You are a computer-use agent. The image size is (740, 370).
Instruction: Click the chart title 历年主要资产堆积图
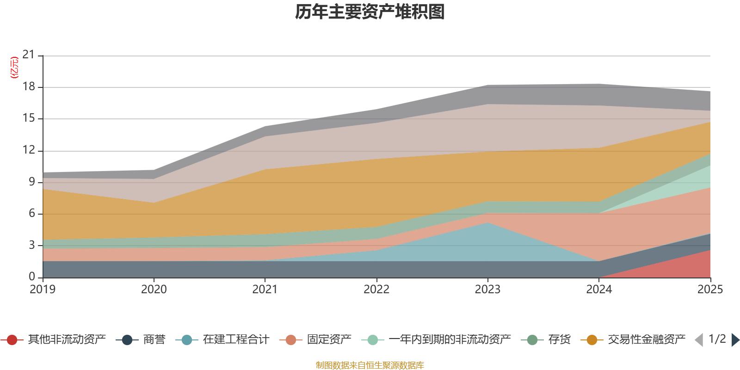point(370,12)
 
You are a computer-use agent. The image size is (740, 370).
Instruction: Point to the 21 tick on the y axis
point(29,55)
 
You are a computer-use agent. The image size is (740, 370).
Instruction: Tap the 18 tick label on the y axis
point(29,87)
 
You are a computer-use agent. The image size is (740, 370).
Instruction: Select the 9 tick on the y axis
point(31,182)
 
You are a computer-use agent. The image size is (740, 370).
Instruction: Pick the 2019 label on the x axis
point(43,290)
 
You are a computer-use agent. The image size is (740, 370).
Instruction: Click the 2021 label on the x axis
point(265,290)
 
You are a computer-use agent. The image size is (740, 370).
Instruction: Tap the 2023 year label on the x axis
point(487,290)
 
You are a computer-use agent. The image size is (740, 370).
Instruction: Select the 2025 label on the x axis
point(710,290)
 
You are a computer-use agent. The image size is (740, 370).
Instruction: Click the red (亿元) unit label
point(14,68)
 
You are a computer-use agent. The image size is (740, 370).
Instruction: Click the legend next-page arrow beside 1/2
point(735,340)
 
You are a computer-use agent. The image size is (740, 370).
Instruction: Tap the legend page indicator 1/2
point(717,339)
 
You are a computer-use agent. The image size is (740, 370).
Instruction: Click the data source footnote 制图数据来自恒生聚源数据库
point(370,365)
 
